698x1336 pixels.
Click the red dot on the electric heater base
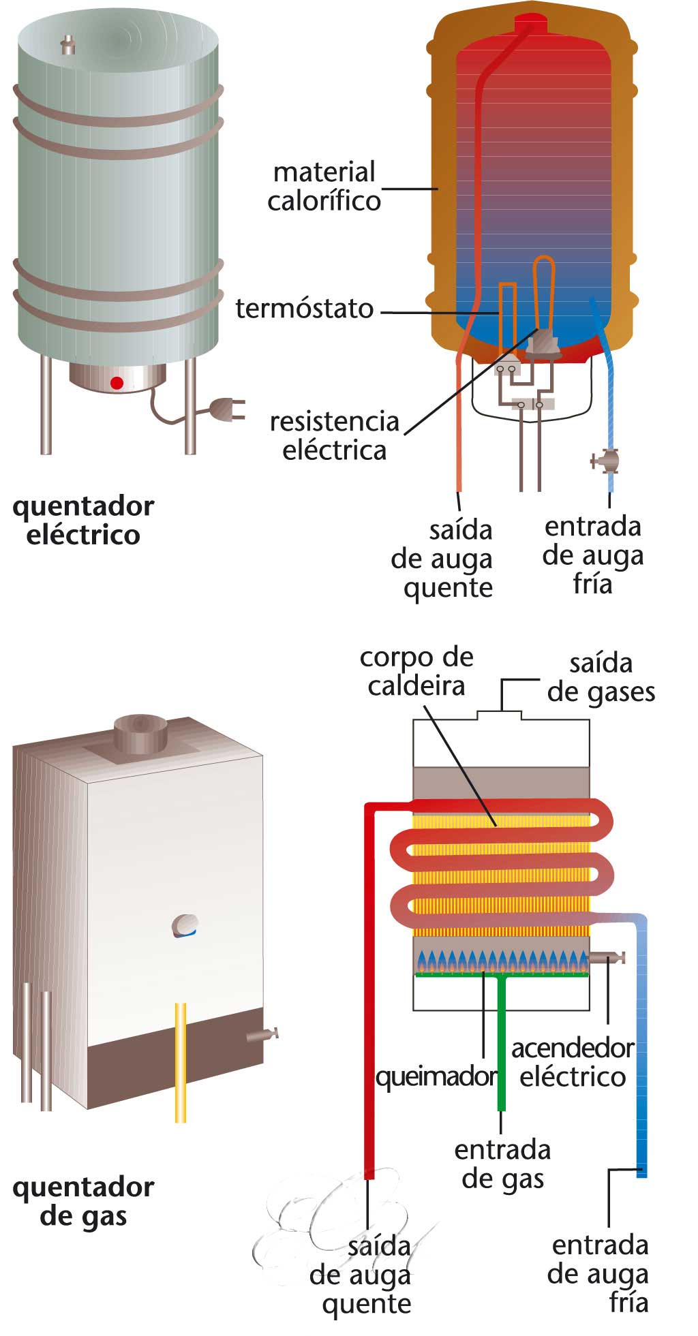[117, 383]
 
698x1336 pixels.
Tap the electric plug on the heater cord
[225, 410]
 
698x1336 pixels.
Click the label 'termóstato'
[305, 309]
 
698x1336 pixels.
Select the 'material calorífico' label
[324, 186]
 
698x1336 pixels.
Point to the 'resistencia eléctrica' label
[334, 435]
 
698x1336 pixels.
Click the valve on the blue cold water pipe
[606, 461]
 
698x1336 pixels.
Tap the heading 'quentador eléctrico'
[83, 520]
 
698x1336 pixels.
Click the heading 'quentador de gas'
[83, 1201]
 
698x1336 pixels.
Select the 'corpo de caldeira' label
[416, 671]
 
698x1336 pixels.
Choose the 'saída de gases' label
[601, 677]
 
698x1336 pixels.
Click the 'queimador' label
[436, 1076]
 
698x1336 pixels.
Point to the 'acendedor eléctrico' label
[573, 1062]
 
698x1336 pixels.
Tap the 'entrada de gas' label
[503, 1164]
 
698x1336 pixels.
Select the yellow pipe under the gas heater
[181, 1063]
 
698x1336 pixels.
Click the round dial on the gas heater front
[185, 925]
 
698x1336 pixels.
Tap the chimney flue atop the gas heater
[140, 732]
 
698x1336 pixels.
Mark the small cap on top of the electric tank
[67, 45]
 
